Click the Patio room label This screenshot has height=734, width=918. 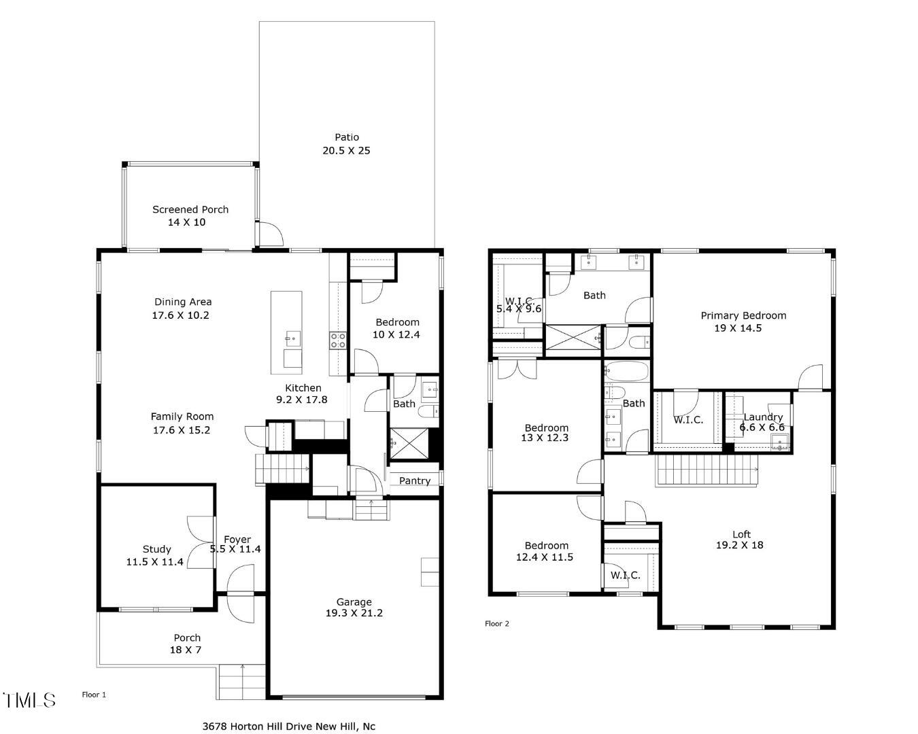click(x=347, y=137)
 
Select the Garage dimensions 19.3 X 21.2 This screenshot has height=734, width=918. click(x=354, y=613)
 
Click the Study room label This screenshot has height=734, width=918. click(x=156, y=549)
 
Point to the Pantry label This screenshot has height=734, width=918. click(x=414, y=480)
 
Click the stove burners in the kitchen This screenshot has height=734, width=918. click(x=338, y=340)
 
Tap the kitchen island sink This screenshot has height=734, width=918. click(x=293, y=337)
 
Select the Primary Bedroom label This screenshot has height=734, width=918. click(x=743, y=315)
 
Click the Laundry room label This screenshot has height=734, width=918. click(x=763, y=417)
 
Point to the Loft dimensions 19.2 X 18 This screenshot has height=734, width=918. click(x=739, y=545)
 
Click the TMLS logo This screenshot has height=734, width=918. click(x=29, y=700)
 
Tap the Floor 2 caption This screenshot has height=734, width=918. click(x=496, y=623)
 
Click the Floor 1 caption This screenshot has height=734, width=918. click(x=94, y=695)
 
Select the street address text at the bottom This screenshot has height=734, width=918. click(x=289, y=726)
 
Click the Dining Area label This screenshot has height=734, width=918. click(x=183, y=302)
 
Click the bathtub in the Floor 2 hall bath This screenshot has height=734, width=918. click(x=626, y=372)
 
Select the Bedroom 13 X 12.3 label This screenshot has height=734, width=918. click(x=546, y=427)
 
